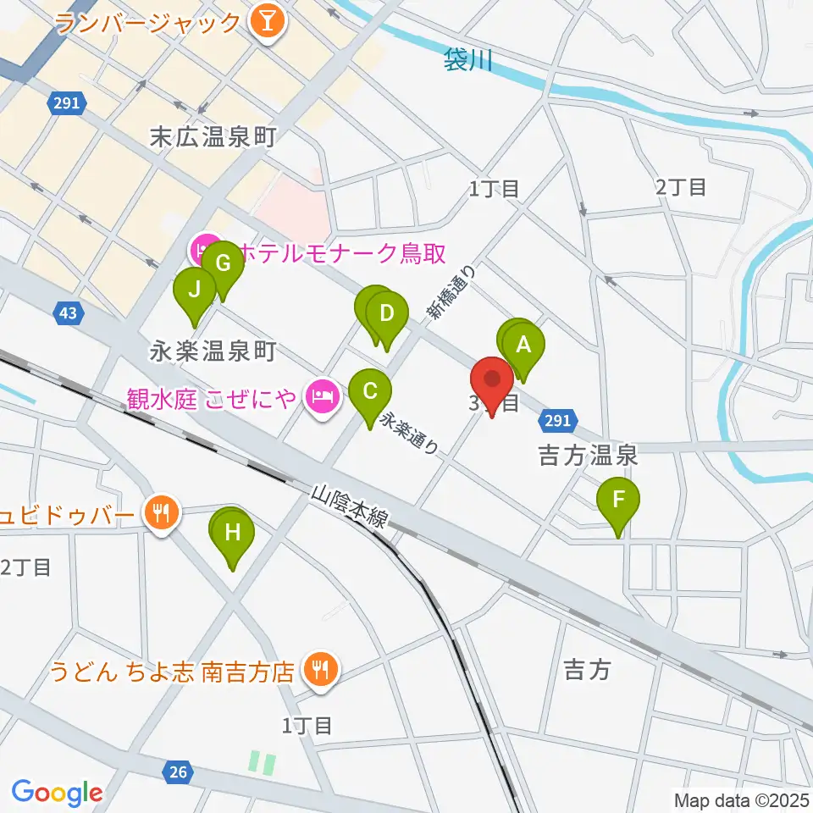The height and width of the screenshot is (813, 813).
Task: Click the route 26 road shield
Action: point(177,772)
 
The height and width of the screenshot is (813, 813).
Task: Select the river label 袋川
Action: point(467,59)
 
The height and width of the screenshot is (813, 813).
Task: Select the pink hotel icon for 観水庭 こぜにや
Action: point(323,394)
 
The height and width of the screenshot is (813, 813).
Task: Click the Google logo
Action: point(57,792)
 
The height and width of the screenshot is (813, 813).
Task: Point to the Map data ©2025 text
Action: point(742,799)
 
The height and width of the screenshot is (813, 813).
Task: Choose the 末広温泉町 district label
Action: point(213,137)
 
